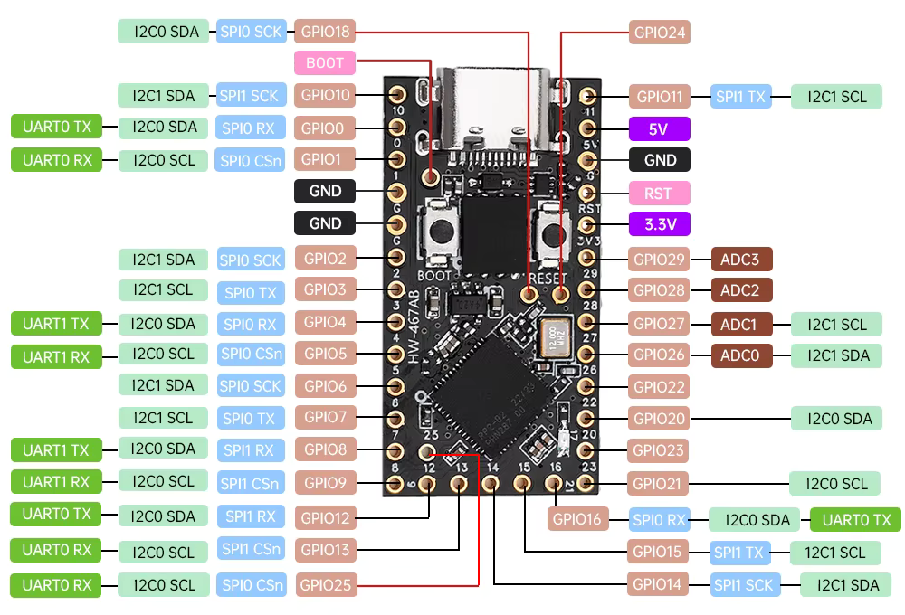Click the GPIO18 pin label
pos(325,33)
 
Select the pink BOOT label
pos(325,63)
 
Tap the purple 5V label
pos(659,128)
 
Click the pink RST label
pos(659,193)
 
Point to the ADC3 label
pos(740,260)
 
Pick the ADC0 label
pos(740,355)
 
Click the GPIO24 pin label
pos(660,33)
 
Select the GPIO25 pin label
pos(325,585)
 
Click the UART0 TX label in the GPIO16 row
pos(855,519)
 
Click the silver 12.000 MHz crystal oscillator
pos(553,338)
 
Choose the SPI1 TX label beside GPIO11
pos(741,96)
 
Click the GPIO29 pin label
pos(660,260)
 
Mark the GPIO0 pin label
pos(325,128)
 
